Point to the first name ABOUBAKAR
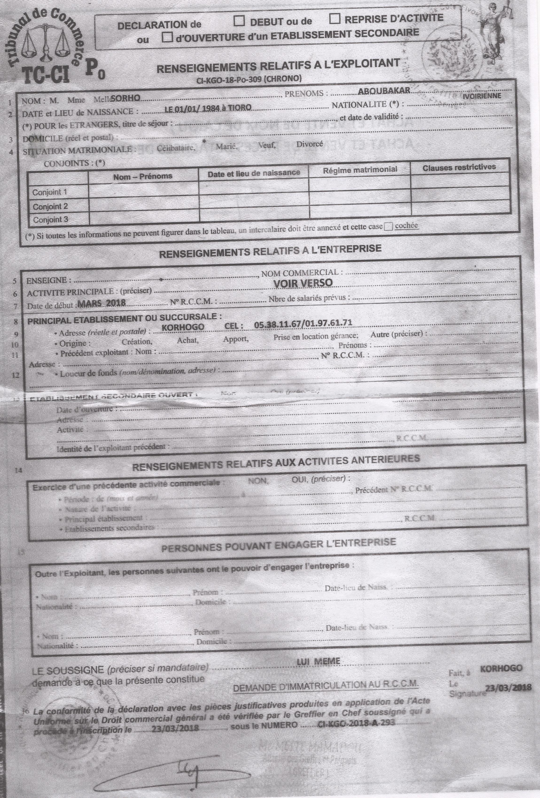point(384,91)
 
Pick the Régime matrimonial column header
point(360,169)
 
